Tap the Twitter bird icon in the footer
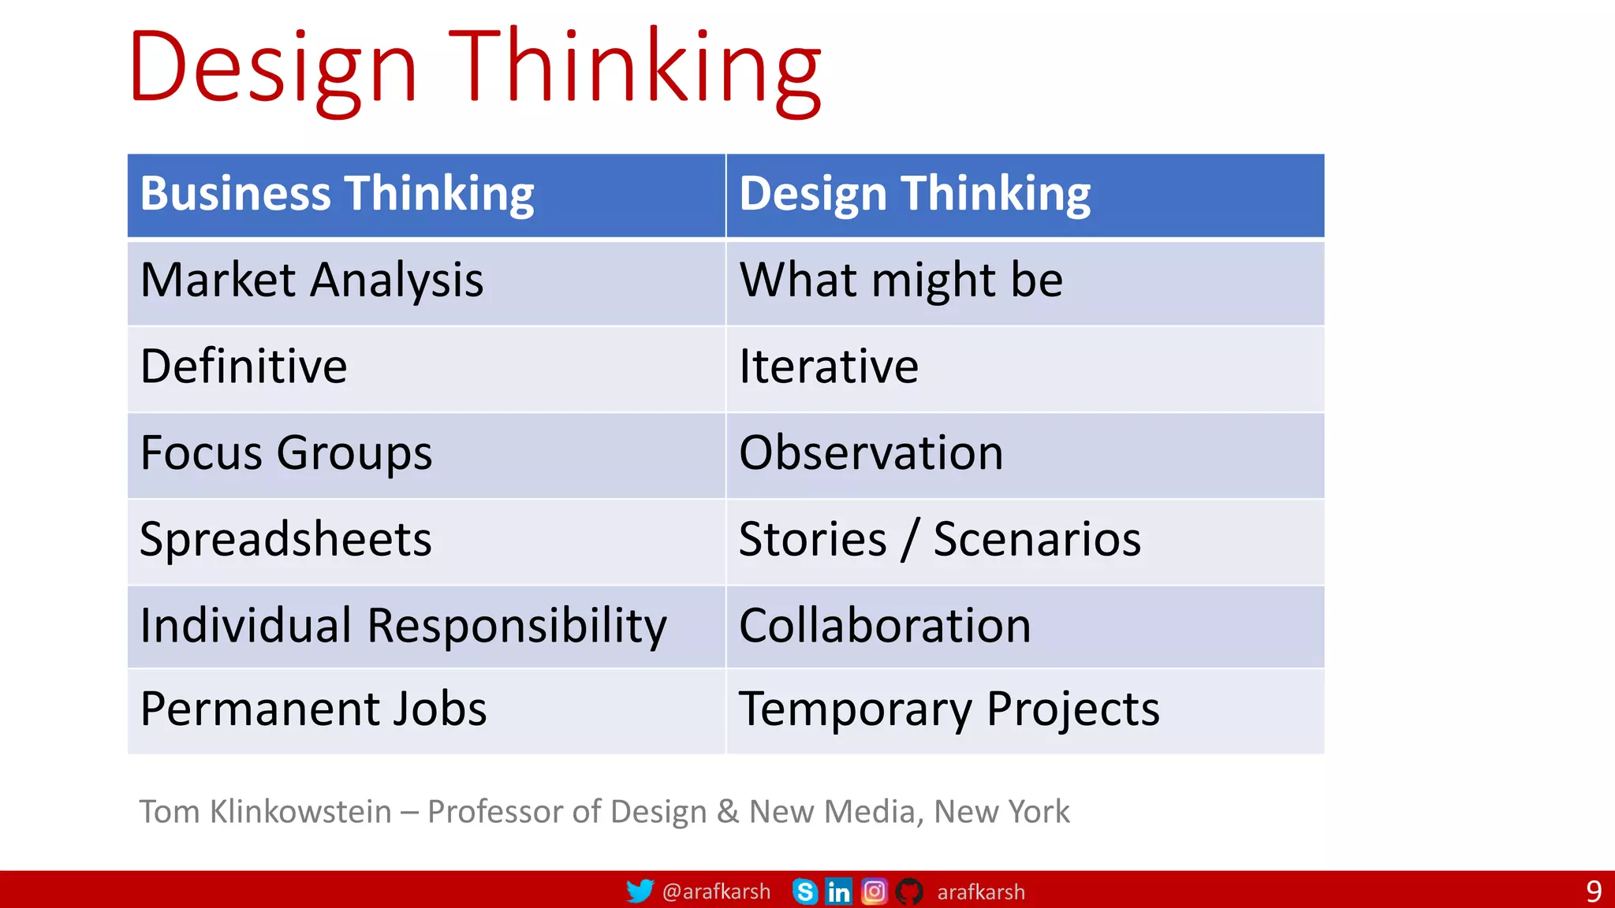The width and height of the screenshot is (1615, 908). tap(640, 891)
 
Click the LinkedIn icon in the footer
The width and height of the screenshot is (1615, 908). tap(838, 891)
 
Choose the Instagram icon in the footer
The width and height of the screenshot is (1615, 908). tap(874, 891)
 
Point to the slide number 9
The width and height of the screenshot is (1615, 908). tap(1594, 891)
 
